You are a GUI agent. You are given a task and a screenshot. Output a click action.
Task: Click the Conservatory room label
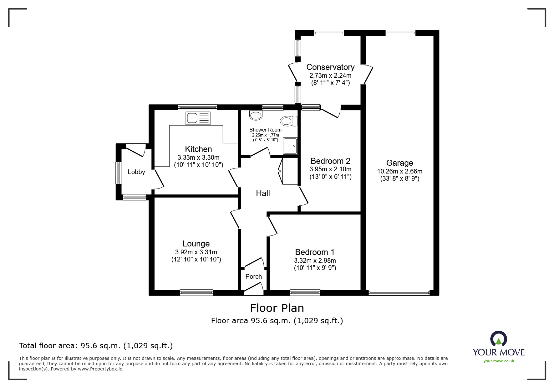[330, 67]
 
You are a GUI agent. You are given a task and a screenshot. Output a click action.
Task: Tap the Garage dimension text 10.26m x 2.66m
[399, 171]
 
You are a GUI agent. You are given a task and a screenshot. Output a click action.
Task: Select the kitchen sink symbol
[198, 118]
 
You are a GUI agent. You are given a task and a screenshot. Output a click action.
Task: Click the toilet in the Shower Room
[289, 121]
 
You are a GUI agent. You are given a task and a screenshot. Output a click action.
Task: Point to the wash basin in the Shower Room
[256, 115]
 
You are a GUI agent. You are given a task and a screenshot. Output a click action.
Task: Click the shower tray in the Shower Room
[290, 146]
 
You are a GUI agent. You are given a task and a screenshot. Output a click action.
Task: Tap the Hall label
[263, 193]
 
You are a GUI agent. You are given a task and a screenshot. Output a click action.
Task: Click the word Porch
[253, 277]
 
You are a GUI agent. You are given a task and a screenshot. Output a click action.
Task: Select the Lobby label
[136, 172]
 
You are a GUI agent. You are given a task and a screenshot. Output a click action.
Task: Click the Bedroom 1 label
[315, 252]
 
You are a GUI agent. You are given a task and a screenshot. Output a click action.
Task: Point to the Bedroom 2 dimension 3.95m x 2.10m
[330, 169]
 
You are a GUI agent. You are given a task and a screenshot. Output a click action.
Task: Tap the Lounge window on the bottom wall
[196, 292]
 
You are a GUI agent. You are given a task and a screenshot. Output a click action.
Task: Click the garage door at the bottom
[399, 293]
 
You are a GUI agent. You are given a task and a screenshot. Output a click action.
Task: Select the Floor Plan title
[277, 308]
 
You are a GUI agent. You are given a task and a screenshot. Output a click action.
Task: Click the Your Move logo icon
[498, 339]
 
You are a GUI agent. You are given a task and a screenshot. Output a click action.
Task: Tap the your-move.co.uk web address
[499, 361]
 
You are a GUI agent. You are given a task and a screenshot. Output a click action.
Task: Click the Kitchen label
[198, 149]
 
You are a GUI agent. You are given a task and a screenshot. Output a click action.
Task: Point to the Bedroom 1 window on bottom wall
[305, 292]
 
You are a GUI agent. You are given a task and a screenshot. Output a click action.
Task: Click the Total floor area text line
[96, 346]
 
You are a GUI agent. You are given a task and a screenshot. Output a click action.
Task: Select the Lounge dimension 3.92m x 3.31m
[196, 252]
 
